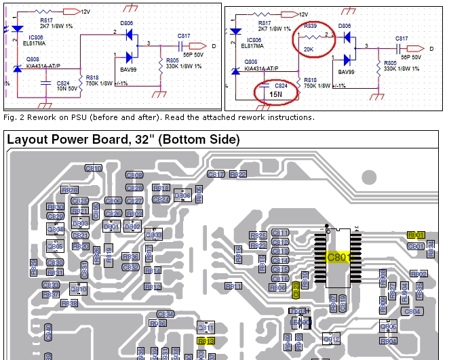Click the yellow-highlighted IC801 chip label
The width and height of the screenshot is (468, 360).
(338, 258)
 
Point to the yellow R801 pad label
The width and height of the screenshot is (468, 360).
(416, 235)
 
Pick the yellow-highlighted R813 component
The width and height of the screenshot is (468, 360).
(206, 341)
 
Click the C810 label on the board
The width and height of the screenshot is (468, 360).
(94, 168)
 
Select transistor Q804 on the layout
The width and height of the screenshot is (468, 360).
(56, 229)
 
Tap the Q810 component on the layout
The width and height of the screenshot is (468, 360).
(79, 289)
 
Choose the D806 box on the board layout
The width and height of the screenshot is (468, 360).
(182, 196)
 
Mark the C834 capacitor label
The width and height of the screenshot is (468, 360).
(165, 314)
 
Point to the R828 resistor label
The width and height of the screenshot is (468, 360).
(69, 190)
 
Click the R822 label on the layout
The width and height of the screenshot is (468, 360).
(237, 174)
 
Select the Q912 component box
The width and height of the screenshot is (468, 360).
(331, 339)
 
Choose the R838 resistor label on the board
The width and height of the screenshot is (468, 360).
(69, 304)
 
